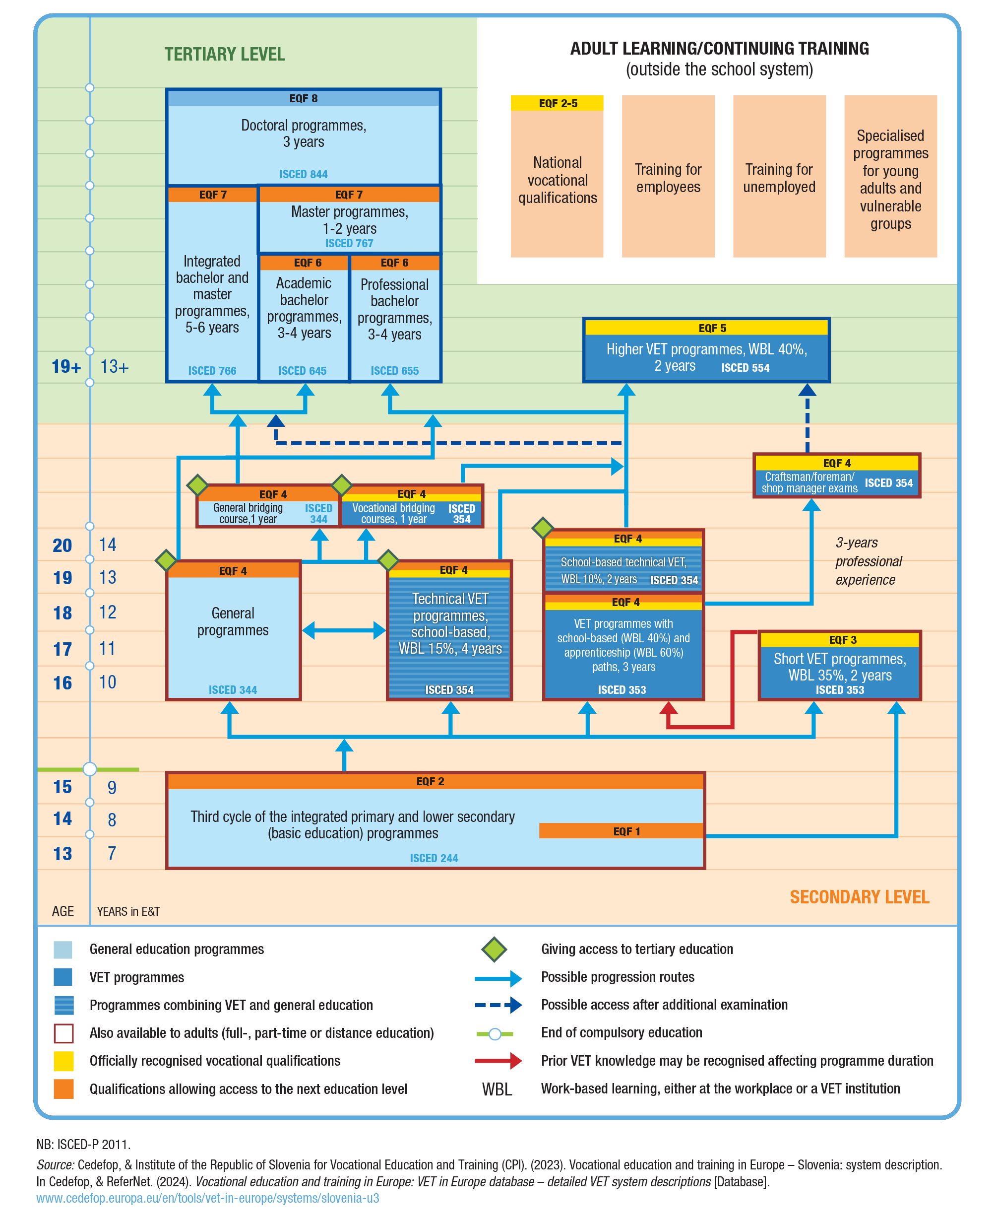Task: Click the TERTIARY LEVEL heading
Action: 224,55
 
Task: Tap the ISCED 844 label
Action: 303,174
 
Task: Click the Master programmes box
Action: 349,221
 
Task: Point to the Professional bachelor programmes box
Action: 395,313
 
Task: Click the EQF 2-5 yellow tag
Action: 557,103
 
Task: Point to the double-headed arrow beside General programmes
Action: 344,630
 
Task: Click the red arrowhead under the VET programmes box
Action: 669,708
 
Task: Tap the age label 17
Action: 62,649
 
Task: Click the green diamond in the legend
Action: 494,949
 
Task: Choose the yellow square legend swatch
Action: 63,1061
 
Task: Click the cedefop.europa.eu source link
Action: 208,1198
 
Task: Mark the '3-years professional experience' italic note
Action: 868,561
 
